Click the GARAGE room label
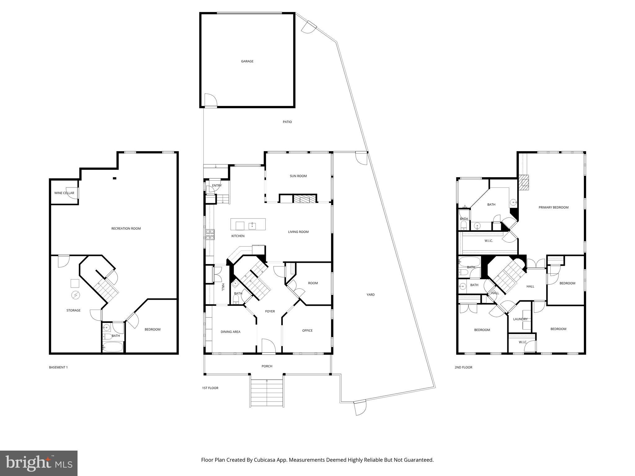point(247,61)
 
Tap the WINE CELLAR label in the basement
point(64,193)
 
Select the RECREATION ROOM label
point(126,229)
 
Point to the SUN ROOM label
point(298,176)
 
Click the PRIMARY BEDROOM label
point(553,208)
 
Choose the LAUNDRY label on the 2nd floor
point(520,319)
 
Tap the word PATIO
point(287,122)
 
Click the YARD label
point(371,295)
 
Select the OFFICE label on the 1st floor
point(307,331)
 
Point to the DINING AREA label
point(230,332)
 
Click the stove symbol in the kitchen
point(210,234)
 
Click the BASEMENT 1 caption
point(58,368)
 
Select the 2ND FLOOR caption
point(463,368)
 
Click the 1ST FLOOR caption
point(210,388)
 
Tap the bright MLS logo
point(39,463)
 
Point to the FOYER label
point(270,311)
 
